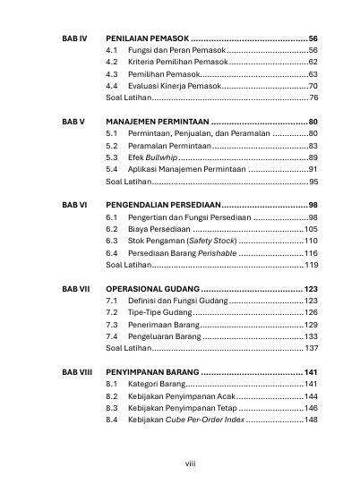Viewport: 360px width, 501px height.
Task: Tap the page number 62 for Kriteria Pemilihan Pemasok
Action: pos(313,63)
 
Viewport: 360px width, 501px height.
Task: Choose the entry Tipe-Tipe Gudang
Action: pos(159,313)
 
